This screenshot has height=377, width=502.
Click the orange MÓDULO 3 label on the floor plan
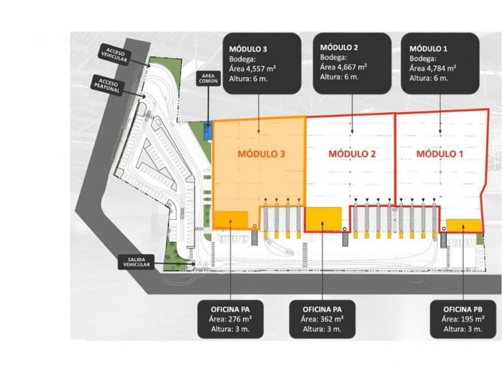click(x=261, y=154)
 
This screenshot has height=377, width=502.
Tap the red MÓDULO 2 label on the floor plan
click(x=352, y=154)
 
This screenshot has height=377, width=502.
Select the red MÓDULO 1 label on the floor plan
click(x=440, y=154)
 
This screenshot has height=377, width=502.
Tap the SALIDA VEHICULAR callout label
click(x=139, y=262)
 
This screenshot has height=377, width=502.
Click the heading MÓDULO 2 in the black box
click(x=339, y=47)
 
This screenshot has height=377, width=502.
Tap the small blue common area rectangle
click(x=207, y=130)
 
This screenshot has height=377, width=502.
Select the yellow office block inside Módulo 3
click(x=231, y=220)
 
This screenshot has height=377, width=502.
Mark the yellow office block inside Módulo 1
click(x=464, y=224)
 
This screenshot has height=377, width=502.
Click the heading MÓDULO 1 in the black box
click(x=428, y=47)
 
